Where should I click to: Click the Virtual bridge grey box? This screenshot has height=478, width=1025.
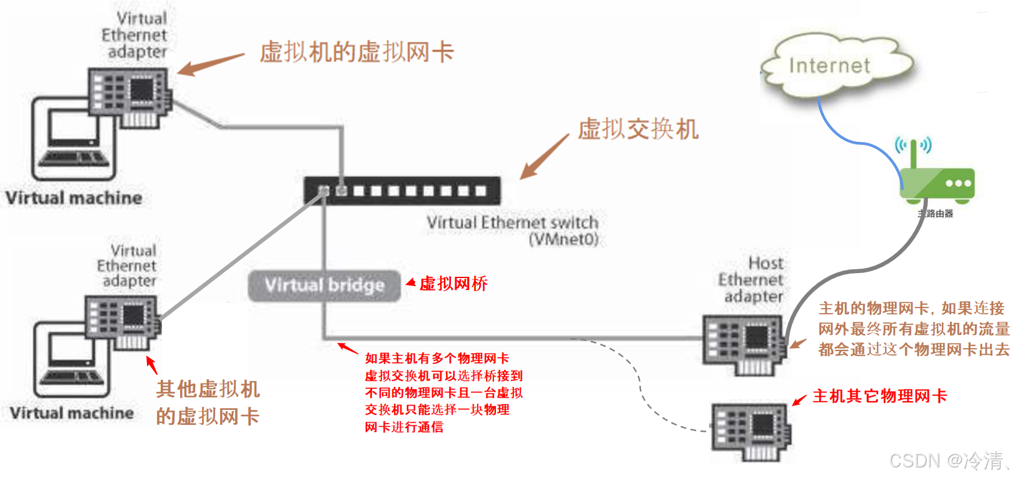pyautogui.click(x=324, y=286)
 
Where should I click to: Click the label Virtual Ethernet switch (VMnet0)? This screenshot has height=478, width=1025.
pyautogui.click(x=512, y=231)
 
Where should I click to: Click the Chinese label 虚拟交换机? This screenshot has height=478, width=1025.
pyautogui.click(x=638, y=129)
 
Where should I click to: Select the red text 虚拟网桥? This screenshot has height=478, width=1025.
pyautogui.click(x=453, y=284)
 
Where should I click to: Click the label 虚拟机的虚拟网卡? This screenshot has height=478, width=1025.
pyautogui.click(x=356, y=52)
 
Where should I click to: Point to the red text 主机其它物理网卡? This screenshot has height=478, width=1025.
pyautogui.click(x=879, y=396)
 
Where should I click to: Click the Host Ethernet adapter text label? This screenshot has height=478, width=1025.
pyautogui.click(x=750, y=279)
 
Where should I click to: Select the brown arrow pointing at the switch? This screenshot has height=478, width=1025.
pyautogui.click(x=544, y=157)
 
